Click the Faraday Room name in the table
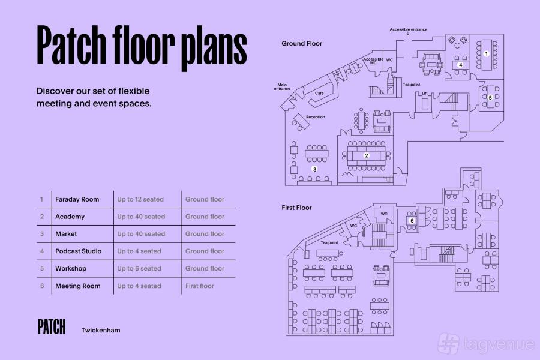pos(77,199)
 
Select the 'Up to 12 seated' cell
pos(140,199)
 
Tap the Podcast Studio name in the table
pos(78,251)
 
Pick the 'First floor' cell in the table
pos(199,286)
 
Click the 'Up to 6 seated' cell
pos(139,268)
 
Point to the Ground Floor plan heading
pos(302,43)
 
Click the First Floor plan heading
pos(296,208)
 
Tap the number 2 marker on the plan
pos(367,156)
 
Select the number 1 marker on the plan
pos(486,54)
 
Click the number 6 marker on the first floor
pos(412,221)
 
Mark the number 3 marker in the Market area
pos(314,169)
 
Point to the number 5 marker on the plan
pos(490,98)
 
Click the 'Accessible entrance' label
pos(409,29)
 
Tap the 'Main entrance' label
pos(282,87)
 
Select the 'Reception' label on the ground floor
pos(316,117)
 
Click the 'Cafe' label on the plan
pos(319,94)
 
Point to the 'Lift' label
pos(425,94)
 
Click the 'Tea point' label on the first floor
pos(329,242)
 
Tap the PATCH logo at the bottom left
pos(52,326)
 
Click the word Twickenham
pos(101,330)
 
